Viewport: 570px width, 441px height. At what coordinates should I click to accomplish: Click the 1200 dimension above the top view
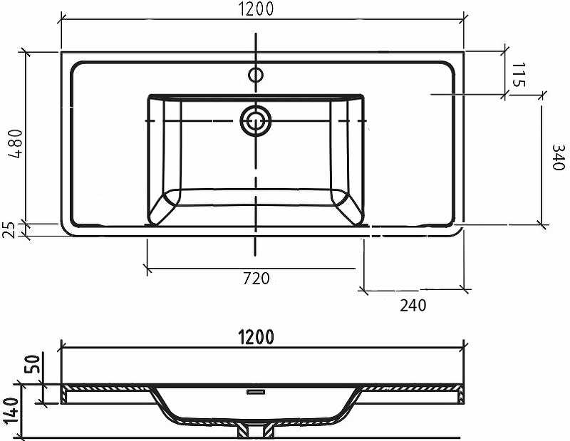[256, 9]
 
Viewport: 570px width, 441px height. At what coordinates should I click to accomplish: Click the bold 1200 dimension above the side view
[256, 337]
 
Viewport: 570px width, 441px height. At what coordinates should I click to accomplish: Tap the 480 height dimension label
[16, 144]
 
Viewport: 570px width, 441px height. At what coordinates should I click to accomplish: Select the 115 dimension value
[518, 75]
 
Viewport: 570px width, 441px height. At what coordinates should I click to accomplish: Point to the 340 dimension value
[558, 157]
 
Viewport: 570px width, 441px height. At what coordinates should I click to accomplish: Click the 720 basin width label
[256, 279]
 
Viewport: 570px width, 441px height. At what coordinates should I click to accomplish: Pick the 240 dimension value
[413, 306]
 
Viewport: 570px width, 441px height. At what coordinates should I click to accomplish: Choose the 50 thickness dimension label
[32, 364]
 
